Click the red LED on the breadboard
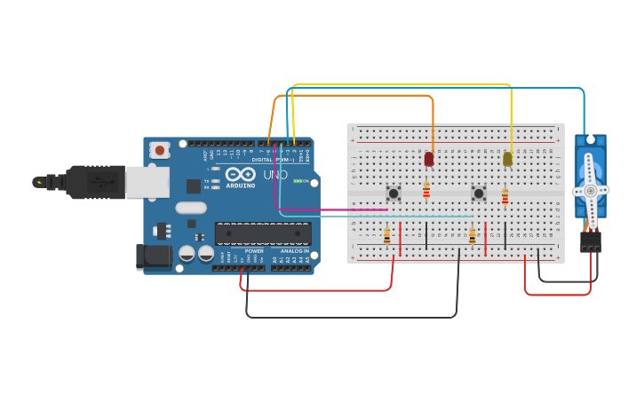coord(429,159)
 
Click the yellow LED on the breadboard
coord(507,159)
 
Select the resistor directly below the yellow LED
coord(505,196)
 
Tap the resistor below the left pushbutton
coord(386,236)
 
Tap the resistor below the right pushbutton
coord(472,236)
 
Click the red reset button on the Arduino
coord(160,150)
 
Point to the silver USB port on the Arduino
coord(146,182)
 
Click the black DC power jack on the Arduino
coord(153,256)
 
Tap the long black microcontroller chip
coord(263,233)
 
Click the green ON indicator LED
coord(298,181)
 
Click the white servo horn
coord(590,191)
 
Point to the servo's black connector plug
coord(590,240)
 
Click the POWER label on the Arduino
coord(254,251)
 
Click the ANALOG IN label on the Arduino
coord(294,251)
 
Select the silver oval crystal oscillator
coord(190,209)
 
